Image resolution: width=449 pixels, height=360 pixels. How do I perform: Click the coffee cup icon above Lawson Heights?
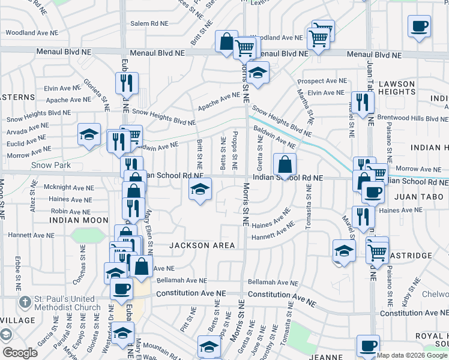[x=420, y=27]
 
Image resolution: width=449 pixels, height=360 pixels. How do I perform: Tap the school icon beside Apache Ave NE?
[x=258, y=73]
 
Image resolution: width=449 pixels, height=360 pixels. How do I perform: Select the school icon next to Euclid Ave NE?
[x=89, y=134]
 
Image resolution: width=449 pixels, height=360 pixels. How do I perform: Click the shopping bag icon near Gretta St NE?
[x=285, y=164]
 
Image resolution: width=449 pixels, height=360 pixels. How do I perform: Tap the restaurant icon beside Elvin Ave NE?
[x=126, y=84]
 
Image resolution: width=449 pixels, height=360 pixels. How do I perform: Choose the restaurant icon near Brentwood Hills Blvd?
[x=361, y=103]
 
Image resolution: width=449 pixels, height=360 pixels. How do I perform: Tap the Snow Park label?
[x=52, y=165]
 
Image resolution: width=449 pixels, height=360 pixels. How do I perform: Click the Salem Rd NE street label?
[x=151, y=23]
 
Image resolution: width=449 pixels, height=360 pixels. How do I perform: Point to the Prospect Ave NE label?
[x=321, y=81]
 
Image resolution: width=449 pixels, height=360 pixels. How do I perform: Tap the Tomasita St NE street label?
[x=309, y=207]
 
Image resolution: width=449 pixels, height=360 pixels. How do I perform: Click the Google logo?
[x=20, y=353]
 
